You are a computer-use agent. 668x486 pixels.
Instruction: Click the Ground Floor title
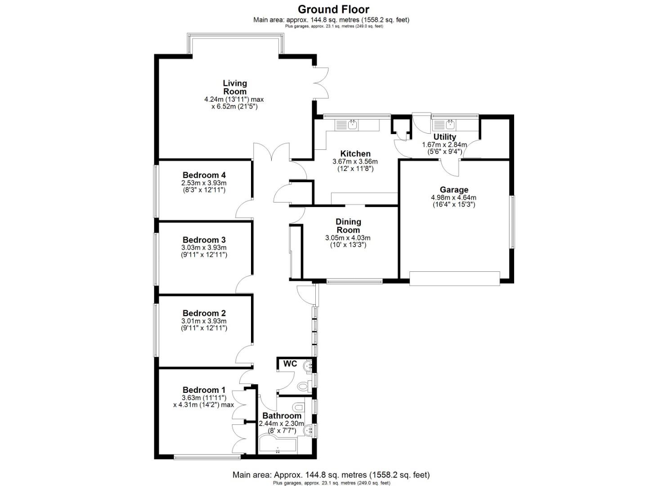333,9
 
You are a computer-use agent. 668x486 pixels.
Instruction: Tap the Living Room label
235,87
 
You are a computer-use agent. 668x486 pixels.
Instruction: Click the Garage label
454,190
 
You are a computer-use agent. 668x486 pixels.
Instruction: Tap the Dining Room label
348,226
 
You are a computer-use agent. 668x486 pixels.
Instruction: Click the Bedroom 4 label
204,175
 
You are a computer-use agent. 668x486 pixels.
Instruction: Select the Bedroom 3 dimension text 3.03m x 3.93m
204,247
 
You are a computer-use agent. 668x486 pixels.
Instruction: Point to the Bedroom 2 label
204,313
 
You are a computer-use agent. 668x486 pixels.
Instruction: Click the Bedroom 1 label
204,390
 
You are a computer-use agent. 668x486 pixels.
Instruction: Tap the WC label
290,364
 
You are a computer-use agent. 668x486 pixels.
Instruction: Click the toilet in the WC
304,386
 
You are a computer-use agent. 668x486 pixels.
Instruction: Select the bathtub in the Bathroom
278,446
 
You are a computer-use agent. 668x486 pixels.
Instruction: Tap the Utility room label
444,137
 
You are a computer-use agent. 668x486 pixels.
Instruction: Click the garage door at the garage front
455,278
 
